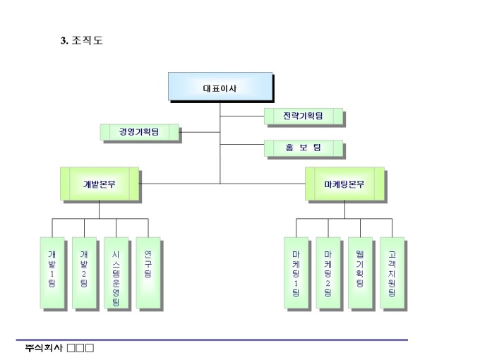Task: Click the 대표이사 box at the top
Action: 220,88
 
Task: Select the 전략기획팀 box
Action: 303,116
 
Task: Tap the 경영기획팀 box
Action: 139,131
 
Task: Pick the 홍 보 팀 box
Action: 303,148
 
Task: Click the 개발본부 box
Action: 99,184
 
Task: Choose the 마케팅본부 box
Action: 344,184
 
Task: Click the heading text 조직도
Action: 88,41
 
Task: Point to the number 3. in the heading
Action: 64,41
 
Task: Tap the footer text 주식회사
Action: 44,348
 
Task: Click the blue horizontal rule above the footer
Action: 212,340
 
